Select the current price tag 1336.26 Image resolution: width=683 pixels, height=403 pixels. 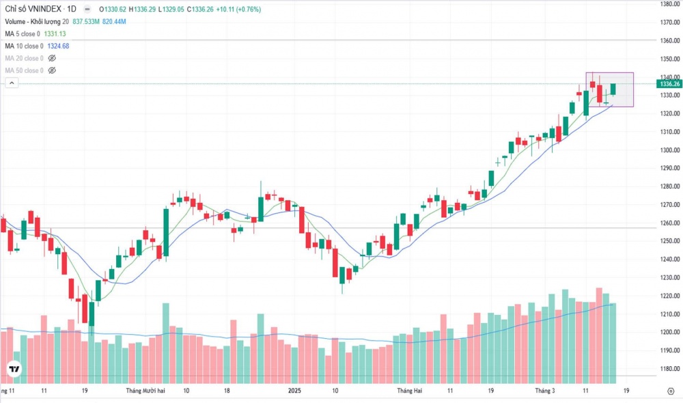click(670, 83)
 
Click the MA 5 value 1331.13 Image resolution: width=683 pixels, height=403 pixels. click(55, 33)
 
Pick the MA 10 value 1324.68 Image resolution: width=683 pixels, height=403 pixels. click(58, 46)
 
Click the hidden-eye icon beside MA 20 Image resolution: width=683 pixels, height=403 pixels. click(52, 58)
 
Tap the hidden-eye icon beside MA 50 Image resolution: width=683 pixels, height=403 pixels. click(52, 70)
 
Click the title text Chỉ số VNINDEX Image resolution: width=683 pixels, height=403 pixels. click(35, 10)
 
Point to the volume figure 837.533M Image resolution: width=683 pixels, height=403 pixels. click(87, 22)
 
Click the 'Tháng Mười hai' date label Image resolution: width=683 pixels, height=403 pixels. click(145, 391)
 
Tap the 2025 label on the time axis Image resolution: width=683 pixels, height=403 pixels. click(294, 391)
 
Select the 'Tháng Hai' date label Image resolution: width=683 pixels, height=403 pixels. click(412, 391)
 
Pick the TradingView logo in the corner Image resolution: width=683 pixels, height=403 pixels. click(13, 370)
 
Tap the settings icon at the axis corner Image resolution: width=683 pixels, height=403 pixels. click(670, 391)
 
